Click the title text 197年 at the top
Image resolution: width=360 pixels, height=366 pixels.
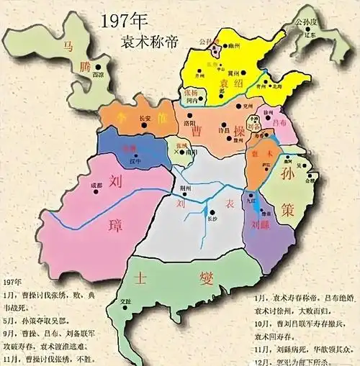(123, 19)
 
